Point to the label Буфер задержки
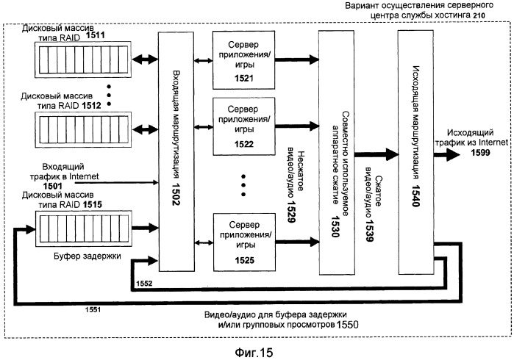pyautogui.click(x=62, y=258)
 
